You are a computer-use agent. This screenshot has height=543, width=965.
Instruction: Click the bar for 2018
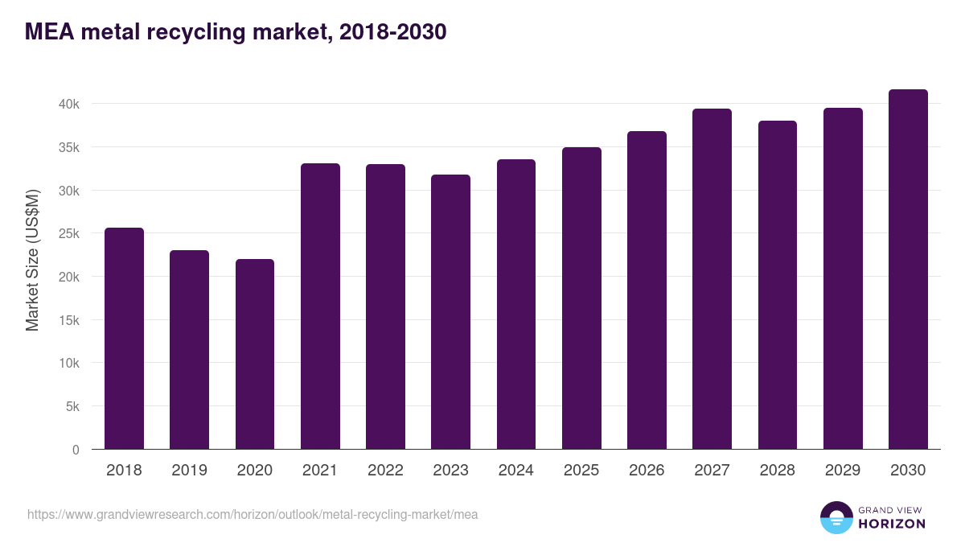point(124,339)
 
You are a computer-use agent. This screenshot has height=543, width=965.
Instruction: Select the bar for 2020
point(255,354)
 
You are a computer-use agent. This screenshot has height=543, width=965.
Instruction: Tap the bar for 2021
point(320,306)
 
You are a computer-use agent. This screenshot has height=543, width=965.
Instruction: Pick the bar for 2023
point(450,312)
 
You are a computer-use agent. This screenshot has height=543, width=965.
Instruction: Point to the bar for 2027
point(712,279)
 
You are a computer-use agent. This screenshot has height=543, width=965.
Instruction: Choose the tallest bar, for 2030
point(908,269)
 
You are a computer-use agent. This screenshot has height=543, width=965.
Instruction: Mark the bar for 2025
point(581,298)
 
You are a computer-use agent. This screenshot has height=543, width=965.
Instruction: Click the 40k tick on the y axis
point(68,104)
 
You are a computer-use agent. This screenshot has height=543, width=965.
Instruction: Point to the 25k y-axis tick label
point(68,234)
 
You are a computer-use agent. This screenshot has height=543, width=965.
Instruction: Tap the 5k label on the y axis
point(71,407)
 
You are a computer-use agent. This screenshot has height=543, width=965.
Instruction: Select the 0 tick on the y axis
point(76,450)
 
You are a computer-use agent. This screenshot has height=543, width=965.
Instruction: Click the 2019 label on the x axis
point(189,471)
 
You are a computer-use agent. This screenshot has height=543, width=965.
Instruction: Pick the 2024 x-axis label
point(515,471)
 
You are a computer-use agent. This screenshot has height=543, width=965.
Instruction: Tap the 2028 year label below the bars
point(777,471)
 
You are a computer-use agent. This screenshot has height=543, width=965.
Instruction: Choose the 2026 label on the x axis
point(647,471)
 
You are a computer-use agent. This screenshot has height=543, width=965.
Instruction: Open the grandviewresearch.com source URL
point(253,514)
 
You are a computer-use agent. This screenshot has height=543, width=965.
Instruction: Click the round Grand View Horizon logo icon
point(836,517)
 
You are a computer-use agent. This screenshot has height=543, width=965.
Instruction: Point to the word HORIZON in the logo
point(892,524)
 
